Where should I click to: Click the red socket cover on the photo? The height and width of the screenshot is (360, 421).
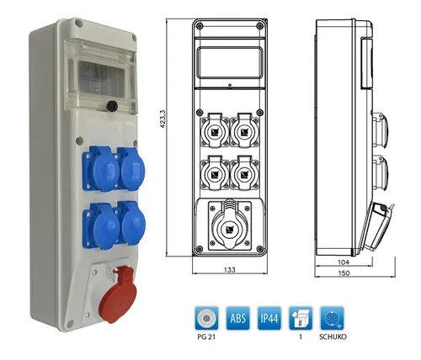pos(117,295)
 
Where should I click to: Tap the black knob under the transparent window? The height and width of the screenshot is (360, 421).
pos(112,106)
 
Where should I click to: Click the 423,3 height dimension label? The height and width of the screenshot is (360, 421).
pos(163,119)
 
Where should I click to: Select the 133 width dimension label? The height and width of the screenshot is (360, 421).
pos(230,270)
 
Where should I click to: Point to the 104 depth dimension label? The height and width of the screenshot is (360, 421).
pos(344,262)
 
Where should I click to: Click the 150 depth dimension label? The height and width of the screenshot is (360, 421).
pos(344,273)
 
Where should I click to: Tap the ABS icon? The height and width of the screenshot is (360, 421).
pos(238,318)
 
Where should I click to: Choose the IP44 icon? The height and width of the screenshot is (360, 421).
pos(269,318)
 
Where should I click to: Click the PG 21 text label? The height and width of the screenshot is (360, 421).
pos(206,336)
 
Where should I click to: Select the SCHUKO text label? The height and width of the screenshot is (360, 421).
pos(333,336)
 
